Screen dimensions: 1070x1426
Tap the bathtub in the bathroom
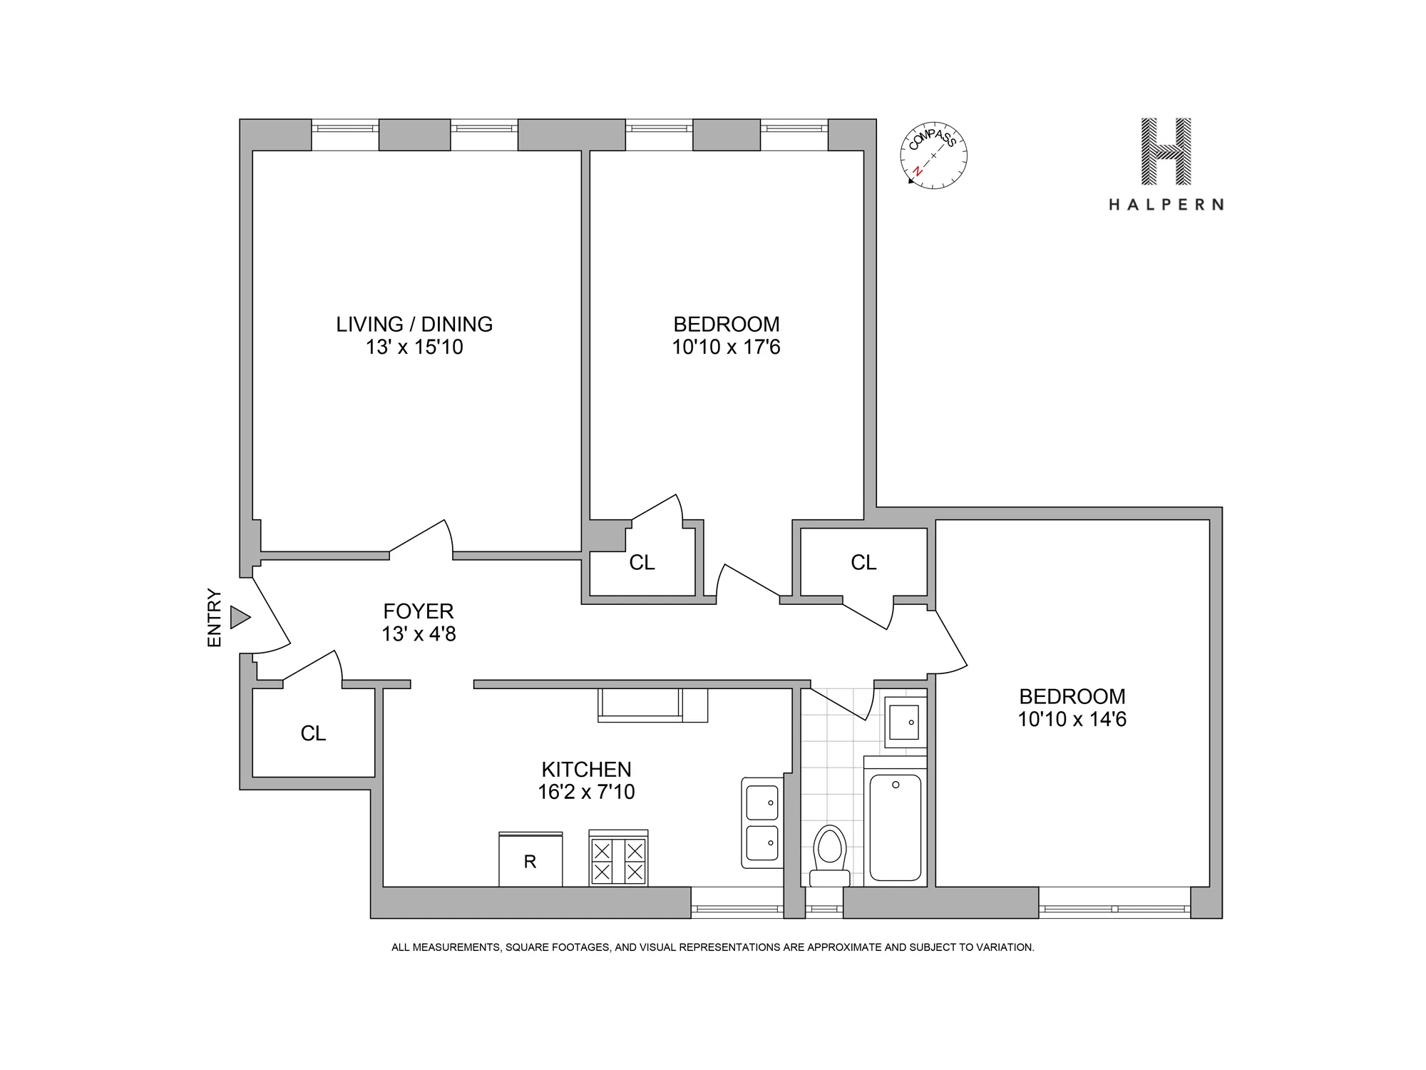(x=896, y=827)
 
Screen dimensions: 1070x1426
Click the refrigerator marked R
(x=530, y=861)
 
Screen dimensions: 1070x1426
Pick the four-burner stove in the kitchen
(x=618, y=860)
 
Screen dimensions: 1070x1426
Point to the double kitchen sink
(x=761, y=823)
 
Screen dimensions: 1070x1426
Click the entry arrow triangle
(x=240, y=617)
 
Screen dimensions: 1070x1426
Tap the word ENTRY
(x=215, y=618)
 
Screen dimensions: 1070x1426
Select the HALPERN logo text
(x=1166, y=205)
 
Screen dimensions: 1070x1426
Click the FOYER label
(x=419, y=611)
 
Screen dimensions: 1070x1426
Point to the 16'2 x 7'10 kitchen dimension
(x=586, y=792)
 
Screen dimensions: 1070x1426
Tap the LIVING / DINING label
(x=414, y=325)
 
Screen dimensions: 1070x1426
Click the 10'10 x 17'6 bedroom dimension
(x=726, y=347)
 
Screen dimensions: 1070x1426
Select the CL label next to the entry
(x=313, y=733)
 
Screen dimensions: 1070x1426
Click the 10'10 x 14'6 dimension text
(x=1072, y=719)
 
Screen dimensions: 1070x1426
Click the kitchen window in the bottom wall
(x=737, y=908)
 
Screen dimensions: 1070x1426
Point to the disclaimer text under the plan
(x=712, y=947)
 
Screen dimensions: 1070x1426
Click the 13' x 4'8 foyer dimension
(x=419, y=633)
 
